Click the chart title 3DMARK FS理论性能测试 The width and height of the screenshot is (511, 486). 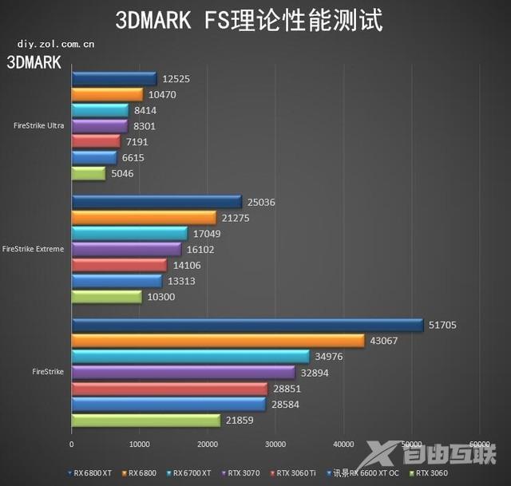[249, 19]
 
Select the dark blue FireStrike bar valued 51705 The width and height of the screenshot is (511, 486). [247, 324]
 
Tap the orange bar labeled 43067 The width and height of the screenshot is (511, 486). [217, 340]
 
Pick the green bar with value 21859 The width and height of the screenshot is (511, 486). [145, 420]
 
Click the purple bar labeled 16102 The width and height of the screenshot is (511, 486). [126, 249]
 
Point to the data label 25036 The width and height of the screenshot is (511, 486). [262, 202]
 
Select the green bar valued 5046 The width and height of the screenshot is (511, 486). [88, 173]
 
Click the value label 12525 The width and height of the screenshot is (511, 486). [175, 78]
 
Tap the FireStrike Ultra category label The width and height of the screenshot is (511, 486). [39, 125]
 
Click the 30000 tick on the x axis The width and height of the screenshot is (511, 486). [275, 444]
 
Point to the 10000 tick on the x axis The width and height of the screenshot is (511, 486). [140, 444]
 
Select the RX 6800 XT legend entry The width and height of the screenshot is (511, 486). [89, 472]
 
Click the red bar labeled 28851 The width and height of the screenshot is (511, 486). [169, 388]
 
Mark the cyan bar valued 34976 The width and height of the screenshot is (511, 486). [190, 356]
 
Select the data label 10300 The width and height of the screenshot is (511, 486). [160, 297]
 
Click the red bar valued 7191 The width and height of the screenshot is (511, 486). [96, 141]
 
